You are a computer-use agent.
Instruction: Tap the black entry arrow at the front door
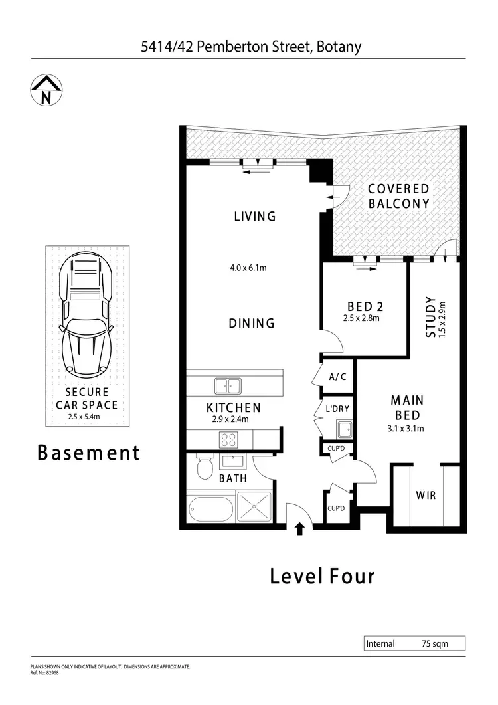[299, 528]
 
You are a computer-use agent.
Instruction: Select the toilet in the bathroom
[205, 468]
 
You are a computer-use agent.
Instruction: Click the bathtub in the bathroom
[210, 510]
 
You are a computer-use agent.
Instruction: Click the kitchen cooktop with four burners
[229, 439]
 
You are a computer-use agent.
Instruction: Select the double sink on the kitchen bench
[228, 385]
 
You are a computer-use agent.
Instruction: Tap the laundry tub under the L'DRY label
[345, 429]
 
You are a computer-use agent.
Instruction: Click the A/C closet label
[337, 377]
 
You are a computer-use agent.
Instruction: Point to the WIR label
[426, 496]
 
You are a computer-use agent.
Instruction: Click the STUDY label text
[431, 317]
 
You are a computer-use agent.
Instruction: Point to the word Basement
[88, 453]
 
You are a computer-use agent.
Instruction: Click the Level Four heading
[322, 576]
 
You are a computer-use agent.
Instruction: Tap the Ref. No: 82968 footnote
[44, 672]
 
